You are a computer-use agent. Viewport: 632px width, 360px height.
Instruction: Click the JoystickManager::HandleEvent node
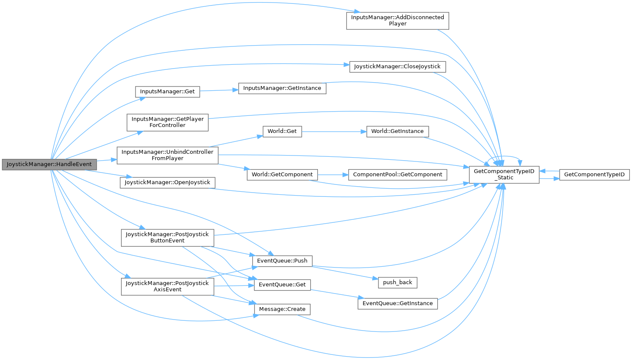(49, 164)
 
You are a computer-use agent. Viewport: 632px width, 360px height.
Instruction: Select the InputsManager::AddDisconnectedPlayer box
(397, 20)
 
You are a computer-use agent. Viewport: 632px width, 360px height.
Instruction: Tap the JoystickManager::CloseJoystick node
(397, 66)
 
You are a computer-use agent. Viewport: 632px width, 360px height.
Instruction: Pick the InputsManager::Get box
(167, 92)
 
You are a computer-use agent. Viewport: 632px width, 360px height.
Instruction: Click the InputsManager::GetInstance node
(282, 88)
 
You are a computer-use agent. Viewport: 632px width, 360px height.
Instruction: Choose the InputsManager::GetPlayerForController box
(167, 122)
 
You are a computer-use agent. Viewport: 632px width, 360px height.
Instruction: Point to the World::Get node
(282, 131)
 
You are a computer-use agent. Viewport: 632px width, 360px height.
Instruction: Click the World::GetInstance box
(397, 131)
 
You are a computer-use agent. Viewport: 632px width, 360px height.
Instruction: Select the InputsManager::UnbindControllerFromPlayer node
(167, 155)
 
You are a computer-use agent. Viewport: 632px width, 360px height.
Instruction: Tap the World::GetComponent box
(282, 174)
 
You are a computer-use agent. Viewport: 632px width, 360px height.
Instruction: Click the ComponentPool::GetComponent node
(397, 174)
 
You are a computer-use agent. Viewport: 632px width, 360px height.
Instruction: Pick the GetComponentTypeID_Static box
(504, 175)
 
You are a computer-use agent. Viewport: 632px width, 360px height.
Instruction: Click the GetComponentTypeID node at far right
(594, 174)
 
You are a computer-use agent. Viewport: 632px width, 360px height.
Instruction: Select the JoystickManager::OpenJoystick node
(167, 182)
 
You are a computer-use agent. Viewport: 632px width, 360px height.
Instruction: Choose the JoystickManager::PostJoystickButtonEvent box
(167, 237)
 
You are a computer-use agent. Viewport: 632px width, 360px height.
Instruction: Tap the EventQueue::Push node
(282, 261)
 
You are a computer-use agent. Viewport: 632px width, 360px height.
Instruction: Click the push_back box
(397, 282)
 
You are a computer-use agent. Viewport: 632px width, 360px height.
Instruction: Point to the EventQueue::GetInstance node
(397, 303)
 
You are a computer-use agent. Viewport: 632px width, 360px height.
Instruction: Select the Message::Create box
(282, 309)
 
